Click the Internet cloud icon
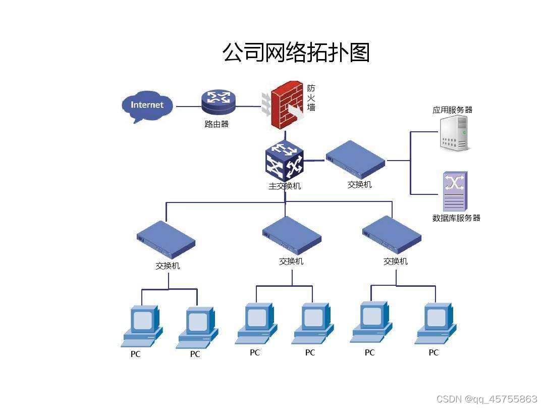(x=147, y=106)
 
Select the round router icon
(x=218, y=103)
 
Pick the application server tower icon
(x=454, y=133)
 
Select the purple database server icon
(x=455, y=191)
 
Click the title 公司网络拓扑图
(x=296, y=52)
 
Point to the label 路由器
(x=216, y=124)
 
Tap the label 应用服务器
(x=452, y=110)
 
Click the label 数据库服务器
(x=456, y=218)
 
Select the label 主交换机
(x=285, y=186)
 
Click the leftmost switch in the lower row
(x=166, y=240)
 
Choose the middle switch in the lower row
(x=292, y=236)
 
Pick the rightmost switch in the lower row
(x=392, y=235)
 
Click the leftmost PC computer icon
(x=142, y=326)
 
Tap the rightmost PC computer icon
(x=435, y=323)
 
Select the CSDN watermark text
(x=486, y=399)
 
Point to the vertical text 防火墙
(x=311, y=97)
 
